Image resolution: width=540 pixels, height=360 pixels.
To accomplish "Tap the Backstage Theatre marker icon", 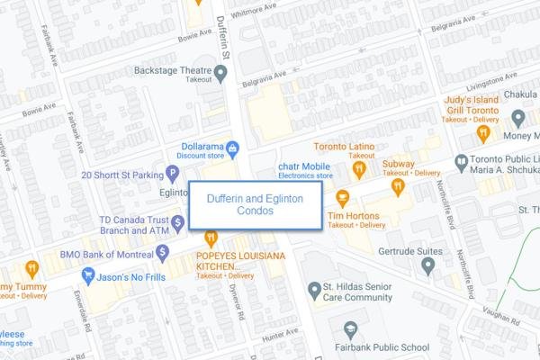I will [x=221, y=73].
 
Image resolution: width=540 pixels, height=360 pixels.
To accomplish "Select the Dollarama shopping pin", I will [x=232, y=147].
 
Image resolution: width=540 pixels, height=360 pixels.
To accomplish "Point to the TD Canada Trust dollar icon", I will [x=178, y=221].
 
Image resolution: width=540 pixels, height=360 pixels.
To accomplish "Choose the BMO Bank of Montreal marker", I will [x=162, y=249].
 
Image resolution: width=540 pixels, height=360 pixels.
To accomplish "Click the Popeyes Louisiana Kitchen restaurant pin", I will [x=211, y=238].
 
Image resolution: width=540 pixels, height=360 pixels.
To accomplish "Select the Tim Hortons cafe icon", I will [x=342, y=197].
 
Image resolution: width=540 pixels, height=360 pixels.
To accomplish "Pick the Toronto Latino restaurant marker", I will [x=359, y=167].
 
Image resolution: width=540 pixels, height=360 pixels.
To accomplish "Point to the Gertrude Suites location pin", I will [x=428, y=265].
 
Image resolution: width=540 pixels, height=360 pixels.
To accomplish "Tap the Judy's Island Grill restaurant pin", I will [x=482, y=133].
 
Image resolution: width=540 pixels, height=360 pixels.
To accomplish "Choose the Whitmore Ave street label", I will [x=254, y=12].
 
